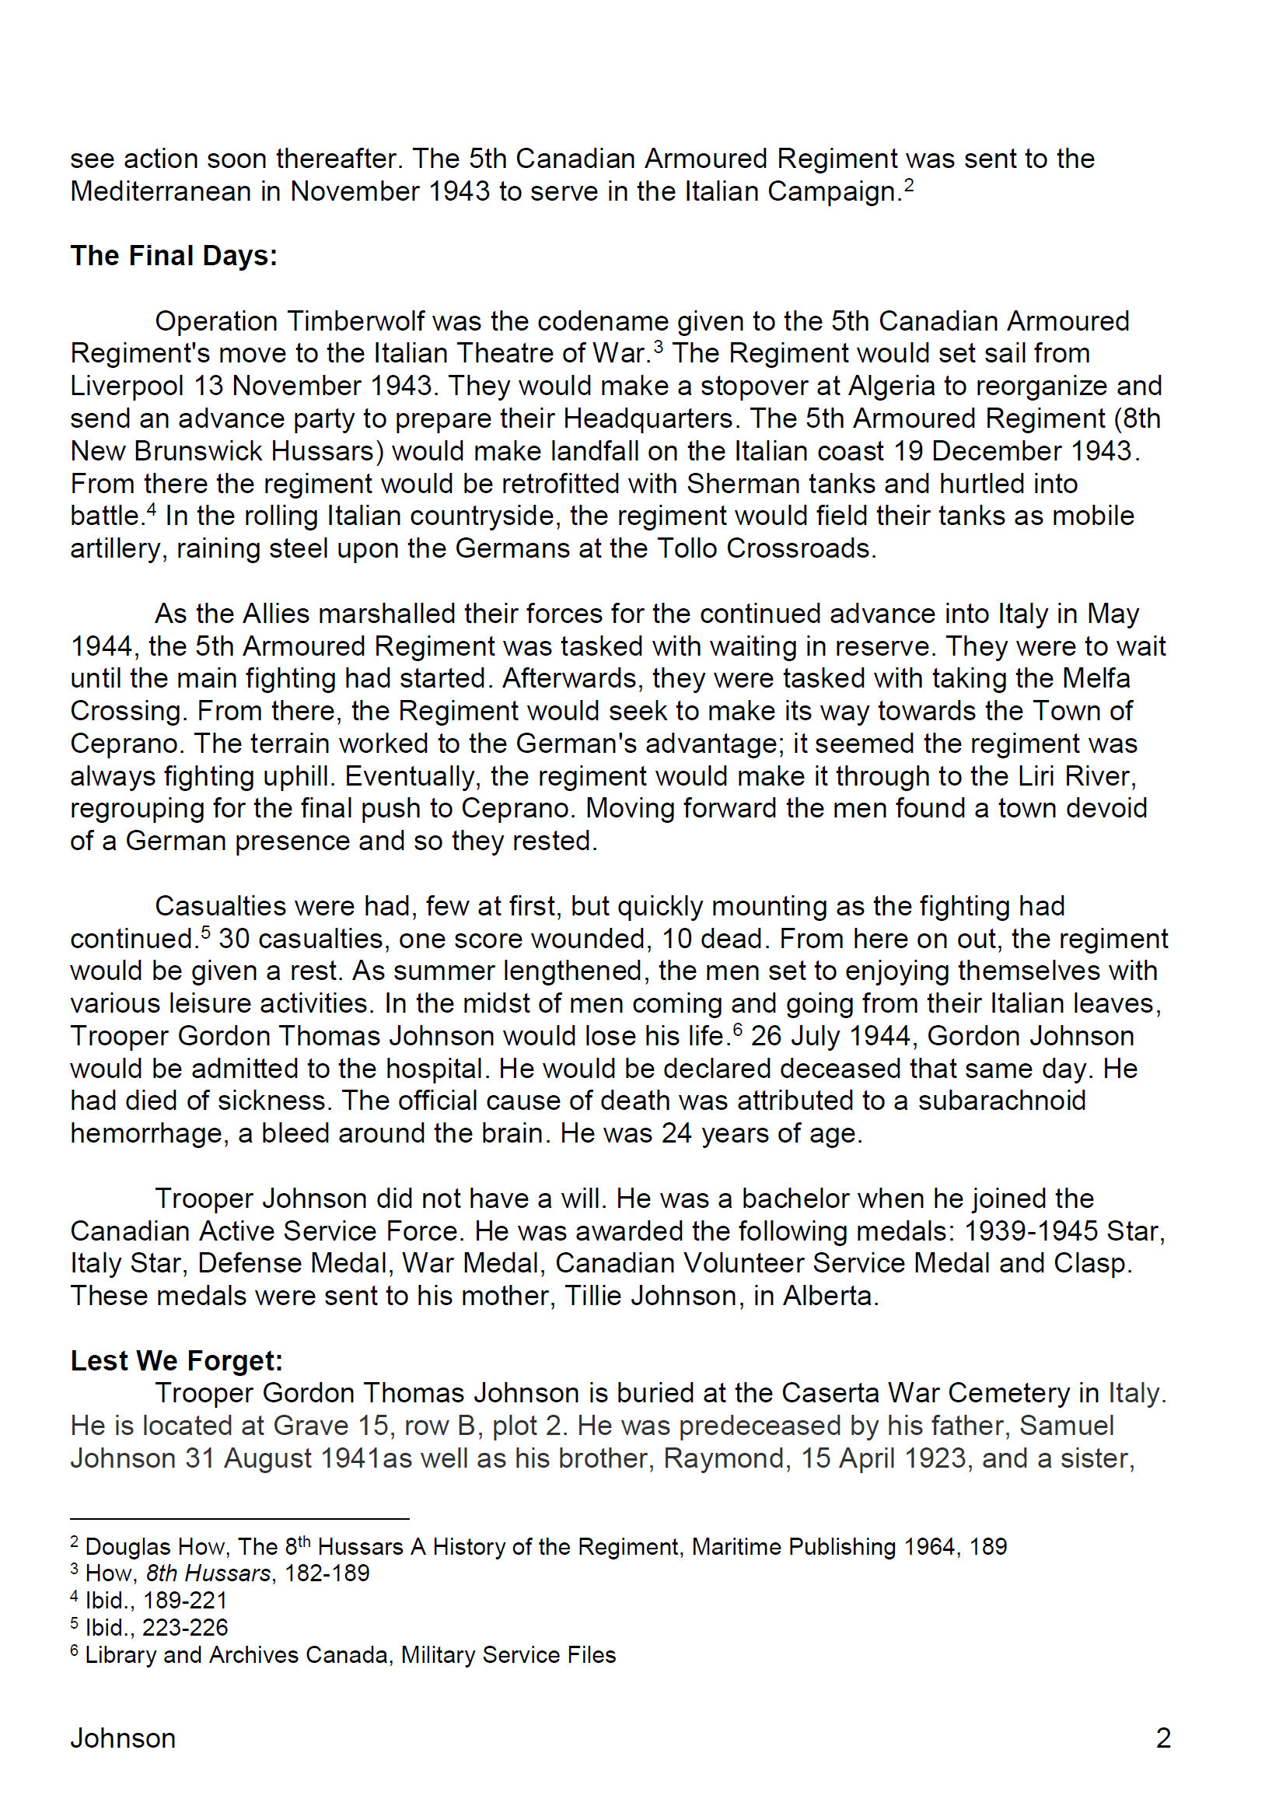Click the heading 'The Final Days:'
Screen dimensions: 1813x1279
click(x=173, y=256)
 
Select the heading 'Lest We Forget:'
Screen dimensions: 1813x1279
click(x=176, y=1360)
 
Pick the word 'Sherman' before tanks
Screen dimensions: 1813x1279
click(x=738, y=483)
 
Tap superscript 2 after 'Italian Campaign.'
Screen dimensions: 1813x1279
click(x=909, y=186)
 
